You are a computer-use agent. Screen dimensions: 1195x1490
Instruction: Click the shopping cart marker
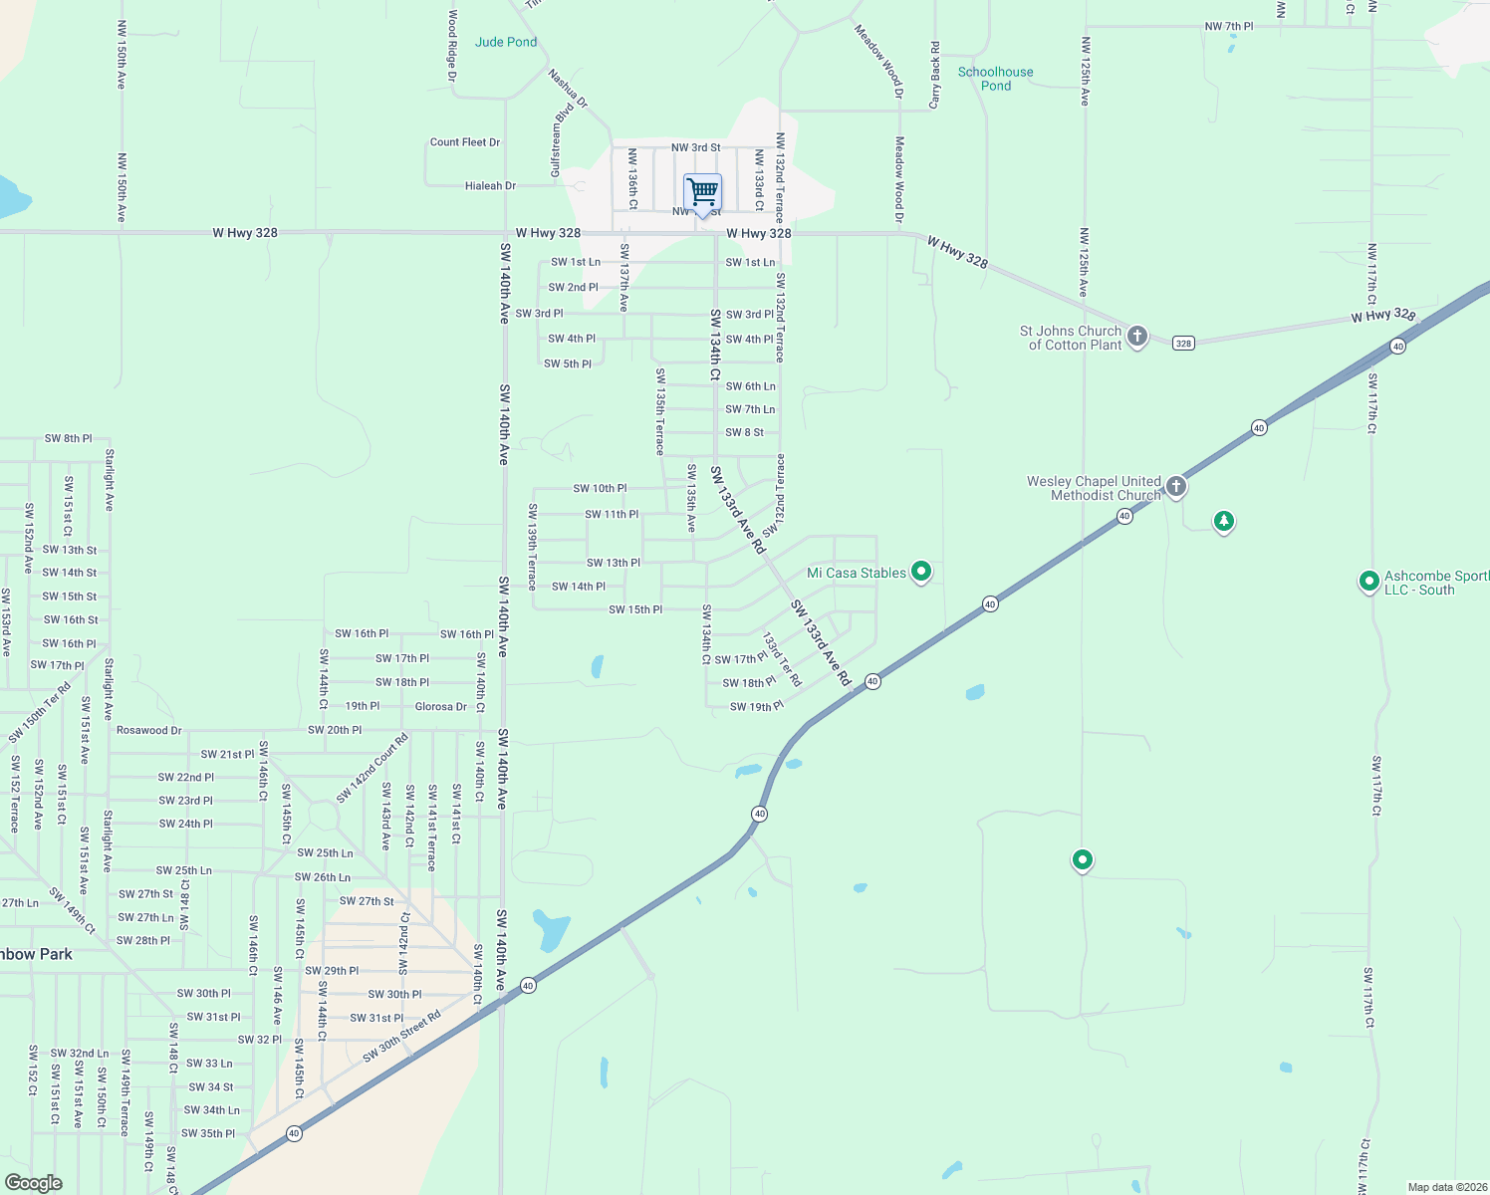point(702,193)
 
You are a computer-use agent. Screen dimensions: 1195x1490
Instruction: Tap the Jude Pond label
point(506,42)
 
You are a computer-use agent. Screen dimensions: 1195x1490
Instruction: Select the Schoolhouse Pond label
point(995,79)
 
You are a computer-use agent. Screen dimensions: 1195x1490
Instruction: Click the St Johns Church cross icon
point(1137,337)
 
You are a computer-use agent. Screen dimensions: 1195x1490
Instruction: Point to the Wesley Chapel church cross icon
point(1176,487)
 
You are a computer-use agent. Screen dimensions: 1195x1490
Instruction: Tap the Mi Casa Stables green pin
point(921,572)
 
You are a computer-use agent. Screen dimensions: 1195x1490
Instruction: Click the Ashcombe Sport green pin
point(1369,581)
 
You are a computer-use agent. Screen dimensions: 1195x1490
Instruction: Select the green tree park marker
point(1224,521)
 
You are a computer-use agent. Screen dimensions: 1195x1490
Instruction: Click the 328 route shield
point(1183,344)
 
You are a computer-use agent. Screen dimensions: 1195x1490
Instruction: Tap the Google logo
point(33,1183)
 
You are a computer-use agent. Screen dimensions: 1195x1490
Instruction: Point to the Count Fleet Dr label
point(465,142)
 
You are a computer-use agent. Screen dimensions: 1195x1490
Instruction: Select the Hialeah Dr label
point(491,186)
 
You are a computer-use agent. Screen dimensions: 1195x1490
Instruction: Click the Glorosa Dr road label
point(441,707)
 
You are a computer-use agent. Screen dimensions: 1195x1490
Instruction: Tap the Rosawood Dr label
point(149,730)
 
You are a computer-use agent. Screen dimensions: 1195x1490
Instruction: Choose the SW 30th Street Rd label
point(401,1038)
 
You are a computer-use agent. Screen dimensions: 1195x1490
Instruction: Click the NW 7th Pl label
point(1229,27)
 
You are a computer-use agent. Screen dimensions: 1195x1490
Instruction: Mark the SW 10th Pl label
point(600,489)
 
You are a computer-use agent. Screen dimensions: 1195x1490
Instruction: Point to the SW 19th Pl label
point(757,707)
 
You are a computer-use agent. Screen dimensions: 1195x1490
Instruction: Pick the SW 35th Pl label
point(208,1133)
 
